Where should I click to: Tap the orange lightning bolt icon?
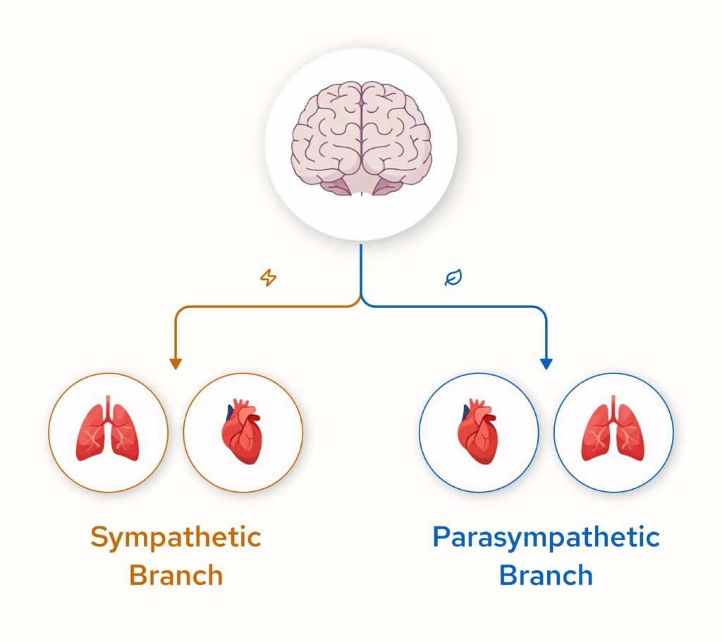[x=268, y=278]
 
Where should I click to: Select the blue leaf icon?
[x=453, y=278]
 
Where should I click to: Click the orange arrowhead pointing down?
[x=176, y=364]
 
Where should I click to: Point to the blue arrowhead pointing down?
[x=546, y=364]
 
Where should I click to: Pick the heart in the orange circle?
[x=243, y=432]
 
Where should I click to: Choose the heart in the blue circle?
[x=479, y=432]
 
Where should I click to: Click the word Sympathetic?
[x=176, y=538]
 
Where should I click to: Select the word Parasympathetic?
[x=546, y=538]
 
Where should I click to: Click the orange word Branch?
[x=176, y=575]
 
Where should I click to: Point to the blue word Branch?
[x=546, y=575]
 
